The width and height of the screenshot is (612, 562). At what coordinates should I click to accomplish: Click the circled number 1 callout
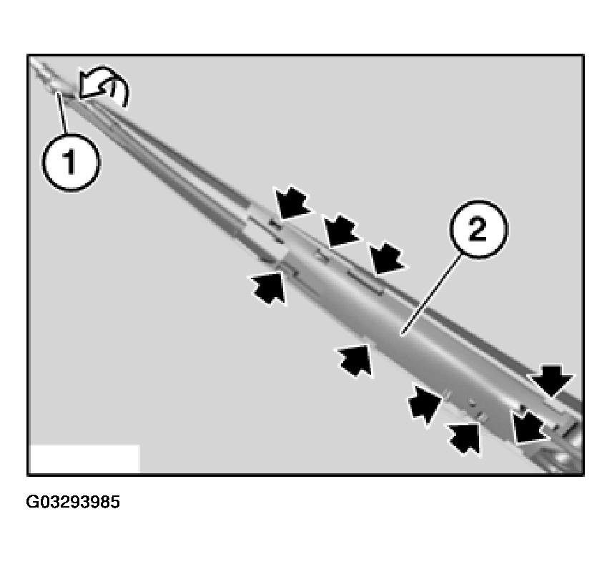point(71,163)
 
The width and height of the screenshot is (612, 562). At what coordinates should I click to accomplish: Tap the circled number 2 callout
point(478,231)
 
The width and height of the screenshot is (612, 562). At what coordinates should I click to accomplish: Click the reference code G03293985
point(73,502)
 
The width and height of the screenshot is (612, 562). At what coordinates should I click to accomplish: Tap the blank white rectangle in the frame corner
point(84,458)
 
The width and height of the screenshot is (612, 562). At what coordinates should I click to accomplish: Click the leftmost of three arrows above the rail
point(291,201)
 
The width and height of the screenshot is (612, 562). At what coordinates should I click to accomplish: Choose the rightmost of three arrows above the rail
point(387,258)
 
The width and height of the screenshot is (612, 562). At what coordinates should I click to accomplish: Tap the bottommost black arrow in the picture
point(464,435)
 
